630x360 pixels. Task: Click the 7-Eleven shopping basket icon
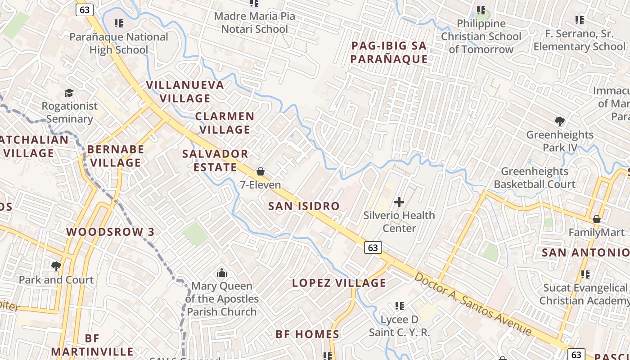260,171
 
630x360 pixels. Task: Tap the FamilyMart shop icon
597,220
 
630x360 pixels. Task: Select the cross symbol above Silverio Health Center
399,202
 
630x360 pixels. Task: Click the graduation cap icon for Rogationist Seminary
69,93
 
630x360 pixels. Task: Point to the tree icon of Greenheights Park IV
560,121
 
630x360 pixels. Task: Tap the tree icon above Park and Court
56,266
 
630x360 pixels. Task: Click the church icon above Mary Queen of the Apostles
221,273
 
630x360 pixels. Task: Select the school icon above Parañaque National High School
119,23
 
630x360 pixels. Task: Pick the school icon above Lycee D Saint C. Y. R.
399,306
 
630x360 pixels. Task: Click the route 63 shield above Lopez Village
373,247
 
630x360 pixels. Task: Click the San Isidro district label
304,206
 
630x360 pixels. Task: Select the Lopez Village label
339,283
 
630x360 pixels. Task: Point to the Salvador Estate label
215,161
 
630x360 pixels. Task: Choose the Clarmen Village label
225,123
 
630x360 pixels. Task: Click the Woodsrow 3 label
110,232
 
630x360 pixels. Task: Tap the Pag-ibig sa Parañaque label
389,52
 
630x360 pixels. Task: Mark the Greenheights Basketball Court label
535,178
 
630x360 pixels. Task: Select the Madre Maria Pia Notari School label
255,23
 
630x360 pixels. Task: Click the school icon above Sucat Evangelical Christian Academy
585,274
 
